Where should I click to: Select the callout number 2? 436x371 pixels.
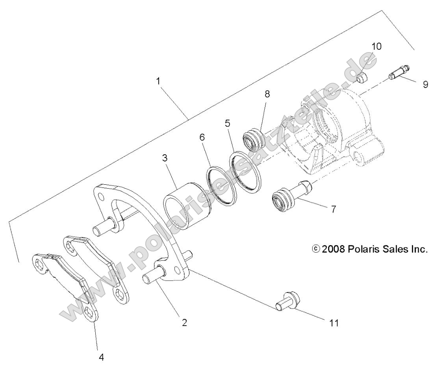(x=184, y=322)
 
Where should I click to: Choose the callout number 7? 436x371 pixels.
(x=333, y=209)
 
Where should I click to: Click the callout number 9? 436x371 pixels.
(x=425, y=84)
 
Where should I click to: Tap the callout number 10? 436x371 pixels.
(x=376, y=47)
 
